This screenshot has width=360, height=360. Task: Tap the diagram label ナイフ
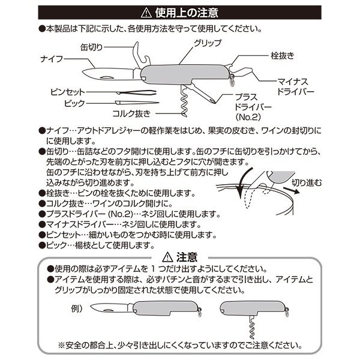pos(53,60)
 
